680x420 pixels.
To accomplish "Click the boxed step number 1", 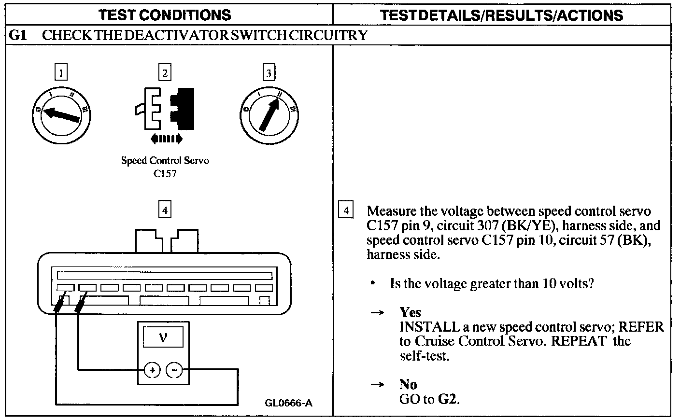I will (x=61, y=73).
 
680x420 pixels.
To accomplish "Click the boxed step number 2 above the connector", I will (x=165, y=73).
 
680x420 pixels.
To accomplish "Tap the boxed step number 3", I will (x=269, y=73).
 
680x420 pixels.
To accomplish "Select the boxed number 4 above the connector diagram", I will (x=165, y=210).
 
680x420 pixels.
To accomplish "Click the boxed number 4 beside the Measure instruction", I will (x=346, y=210).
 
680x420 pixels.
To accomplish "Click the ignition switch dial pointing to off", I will (x=61, y=114).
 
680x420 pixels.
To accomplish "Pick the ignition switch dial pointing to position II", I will (x=269, y=114).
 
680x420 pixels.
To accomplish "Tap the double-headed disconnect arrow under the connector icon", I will (x=166, y=140).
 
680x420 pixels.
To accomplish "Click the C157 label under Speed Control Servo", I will (x=165, y=174).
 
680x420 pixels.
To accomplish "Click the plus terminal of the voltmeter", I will (x=152, y=370).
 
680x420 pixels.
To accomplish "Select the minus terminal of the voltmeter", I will (x=174, y=370).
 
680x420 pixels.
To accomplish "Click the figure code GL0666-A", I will (x=288, y=403).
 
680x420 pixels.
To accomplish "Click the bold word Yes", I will (x=410, y=312).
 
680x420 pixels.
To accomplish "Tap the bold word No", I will (x=408, y=385).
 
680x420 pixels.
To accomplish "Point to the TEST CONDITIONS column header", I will (x=165, y=15).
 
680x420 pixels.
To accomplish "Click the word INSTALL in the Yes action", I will (x=429, y=327).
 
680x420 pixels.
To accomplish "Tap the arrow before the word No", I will (x=377, y=385).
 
